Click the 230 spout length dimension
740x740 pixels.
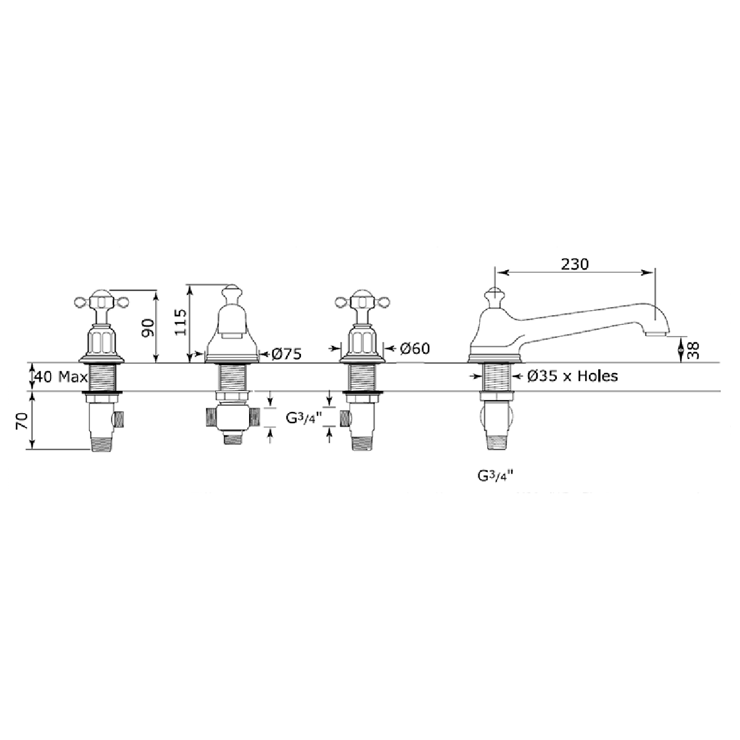575,264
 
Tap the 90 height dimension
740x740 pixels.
148,327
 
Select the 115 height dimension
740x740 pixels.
181,322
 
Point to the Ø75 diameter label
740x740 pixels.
287,354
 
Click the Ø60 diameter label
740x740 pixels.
415,348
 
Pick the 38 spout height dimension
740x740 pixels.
693,350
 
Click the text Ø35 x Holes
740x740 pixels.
572,376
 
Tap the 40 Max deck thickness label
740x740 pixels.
61,377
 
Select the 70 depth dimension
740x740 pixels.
22,421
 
